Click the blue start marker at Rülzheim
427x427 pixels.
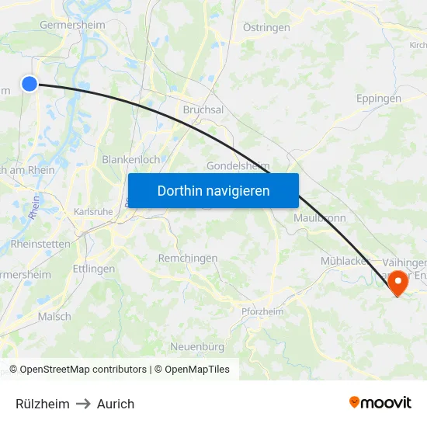point(30,84)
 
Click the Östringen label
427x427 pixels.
point(266,27)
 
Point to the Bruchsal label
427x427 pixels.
point(203,109)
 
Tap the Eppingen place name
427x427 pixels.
point(379,99)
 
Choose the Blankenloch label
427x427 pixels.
point(130,159)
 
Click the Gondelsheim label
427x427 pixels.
point(238,166)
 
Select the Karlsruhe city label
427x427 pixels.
point(93,211)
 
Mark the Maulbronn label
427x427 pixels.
point(319,217)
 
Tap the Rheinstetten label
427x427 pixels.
point(40,244)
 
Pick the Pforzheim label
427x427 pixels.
point(262,311)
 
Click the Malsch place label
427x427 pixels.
point(54,316)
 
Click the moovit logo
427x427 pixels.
point(380,402)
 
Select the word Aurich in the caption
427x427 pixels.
point(116,404)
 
